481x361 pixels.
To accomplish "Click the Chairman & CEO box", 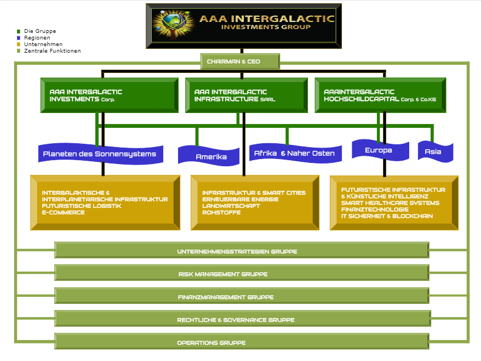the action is (240, 61).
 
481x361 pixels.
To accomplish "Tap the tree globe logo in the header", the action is (174, 25).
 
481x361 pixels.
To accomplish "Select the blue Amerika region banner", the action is (209, 155).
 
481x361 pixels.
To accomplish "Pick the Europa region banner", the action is (380, 150).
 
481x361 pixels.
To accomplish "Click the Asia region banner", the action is (436, 151).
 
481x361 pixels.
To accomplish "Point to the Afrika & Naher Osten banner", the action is (295, 153).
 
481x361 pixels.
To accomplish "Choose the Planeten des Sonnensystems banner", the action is (101, 154).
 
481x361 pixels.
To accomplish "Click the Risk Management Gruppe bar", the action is (242, 274).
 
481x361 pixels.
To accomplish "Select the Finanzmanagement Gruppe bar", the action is (242, 296).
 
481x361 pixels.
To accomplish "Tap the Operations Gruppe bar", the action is (242, 342).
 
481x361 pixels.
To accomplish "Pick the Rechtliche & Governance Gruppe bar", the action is (243, 319).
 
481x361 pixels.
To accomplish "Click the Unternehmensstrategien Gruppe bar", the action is (242, 251).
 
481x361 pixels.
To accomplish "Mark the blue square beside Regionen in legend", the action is (19, 38).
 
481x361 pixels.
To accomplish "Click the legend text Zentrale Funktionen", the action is (53, 50).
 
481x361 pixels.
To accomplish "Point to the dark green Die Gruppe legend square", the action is (19, 31).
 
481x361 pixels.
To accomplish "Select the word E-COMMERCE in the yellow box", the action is (63, 212).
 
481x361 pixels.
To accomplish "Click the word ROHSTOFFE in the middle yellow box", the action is (221, 212).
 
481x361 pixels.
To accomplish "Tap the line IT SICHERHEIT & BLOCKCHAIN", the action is (387, 216).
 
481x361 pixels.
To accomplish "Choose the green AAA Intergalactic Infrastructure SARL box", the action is (247, 95).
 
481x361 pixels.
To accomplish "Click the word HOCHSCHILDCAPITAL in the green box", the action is (362, 99).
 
